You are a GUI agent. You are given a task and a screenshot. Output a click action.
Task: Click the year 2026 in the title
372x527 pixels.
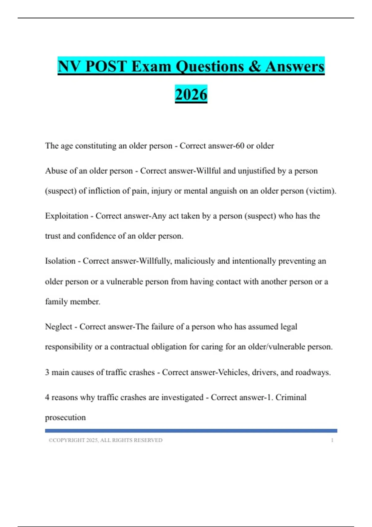click(x=191, y=95)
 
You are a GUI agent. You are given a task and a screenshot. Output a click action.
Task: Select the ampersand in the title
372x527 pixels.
click(x=254, y=67)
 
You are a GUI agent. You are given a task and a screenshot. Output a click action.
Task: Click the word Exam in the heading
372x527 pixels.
click(x=151, y=67)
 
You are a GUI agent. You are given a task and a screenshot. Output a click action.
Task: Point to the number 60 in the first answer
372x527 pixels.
click(x=240, y=146)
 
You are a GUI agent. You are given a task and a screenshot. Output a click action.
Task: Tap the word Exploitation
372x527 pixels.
click(x=67, y=216)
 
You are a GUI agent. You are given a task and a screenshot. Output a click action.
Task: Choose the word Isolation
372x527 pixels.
click(x=60, y=261)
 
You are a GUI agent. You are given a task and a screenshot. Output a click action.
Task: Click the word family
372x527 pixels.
click(x=56, y=302)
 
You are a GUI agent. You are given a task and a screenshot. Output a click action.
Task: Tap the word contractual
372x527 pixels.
click(x=129, y=347)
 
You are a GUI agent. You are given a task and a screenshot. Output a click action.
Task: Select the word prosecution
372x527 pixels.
click(x=65, y=418)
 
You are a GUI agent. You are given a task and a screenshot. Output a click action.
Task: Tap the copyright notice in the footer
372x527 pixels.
click(x=105, y=440)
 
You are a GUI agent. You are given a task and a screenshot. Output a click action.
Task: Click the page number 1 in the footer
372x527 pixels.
click(x=332, y=440)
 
